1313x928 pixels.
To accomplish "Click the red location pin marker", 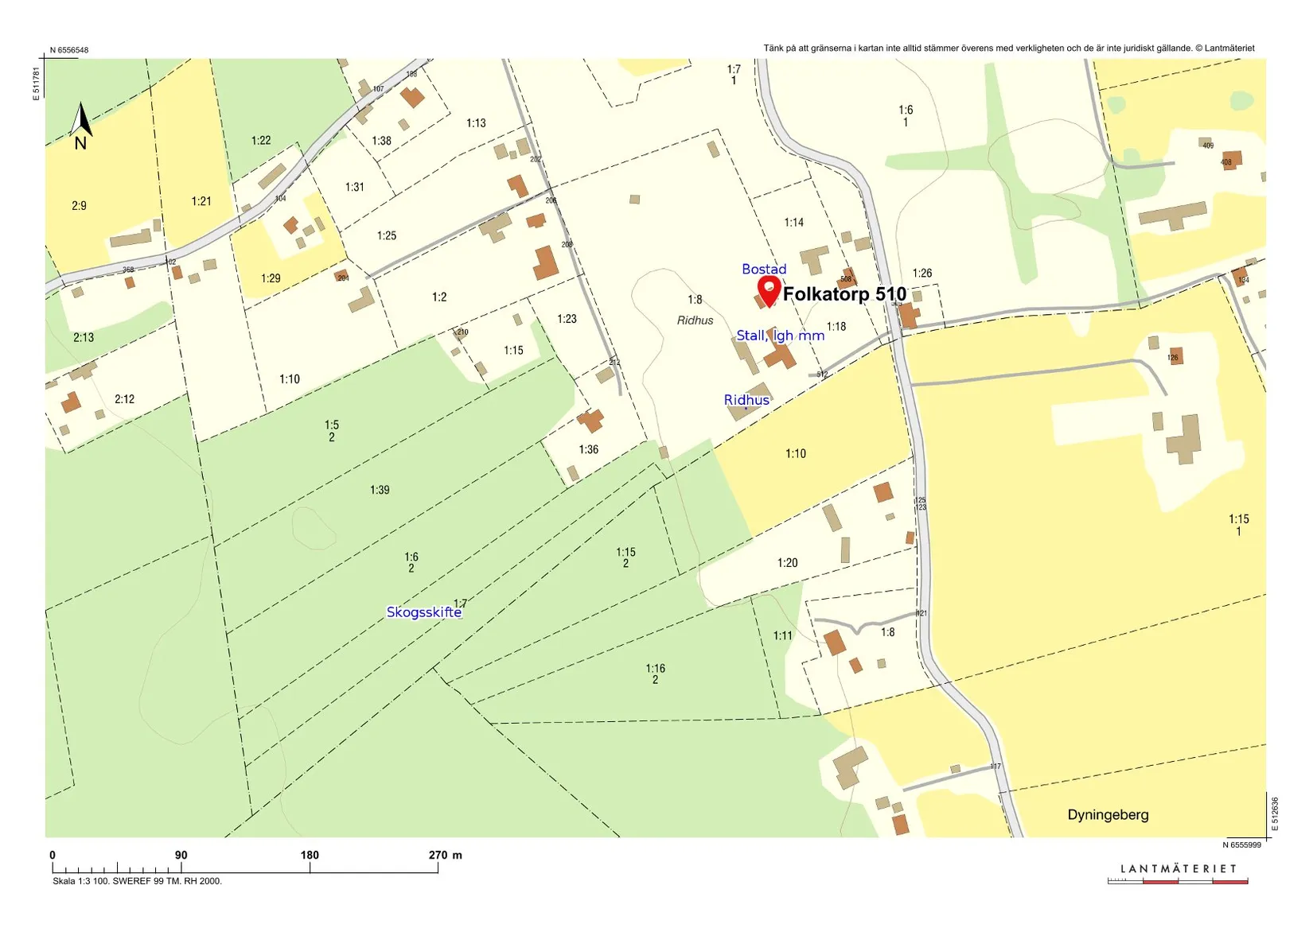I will [769, 290].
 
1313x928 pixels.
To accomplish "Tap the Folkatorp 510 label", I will [844, 294].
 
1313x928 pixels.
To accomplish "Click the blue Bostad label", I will [764, 270].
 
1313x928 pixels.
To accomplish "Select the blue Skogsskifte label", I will [423, 612].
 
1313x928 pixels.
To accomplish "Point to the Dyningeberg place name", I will [1108, 815].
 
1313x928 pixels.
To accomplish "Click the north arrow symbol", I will [80, 127].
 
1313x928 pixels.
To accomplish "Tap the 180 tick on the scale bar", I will [310, 856].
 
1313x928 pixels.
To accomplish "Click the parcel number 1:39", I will [380, 490].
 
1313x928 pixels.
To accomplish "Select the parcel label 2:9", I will [79, 206].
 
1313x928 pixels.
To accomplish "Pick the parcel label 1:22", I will [261, 141].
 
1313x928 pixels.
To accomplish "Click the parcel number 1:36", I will [588, 450].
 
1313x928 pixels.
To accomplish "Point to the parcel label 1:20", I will [787, 563].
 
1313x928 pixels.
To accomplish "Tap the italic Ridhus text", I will [695, 320].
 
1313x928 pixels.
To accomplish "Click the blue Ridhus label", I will [746, 400].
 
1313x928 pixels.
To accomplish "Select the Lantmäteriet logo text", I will [1179, 869].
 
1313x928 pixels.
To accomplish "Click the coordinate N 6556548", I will [69, 50].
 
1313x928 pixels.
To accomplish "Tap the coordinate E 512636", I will [1275, 814].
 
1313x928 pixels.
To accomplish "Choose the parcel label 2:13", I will [84, 338].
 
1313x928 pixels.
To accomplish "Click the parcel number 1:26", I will [921, 274].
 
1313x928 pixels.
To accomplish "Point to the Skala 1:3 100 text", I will [137, 881].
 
